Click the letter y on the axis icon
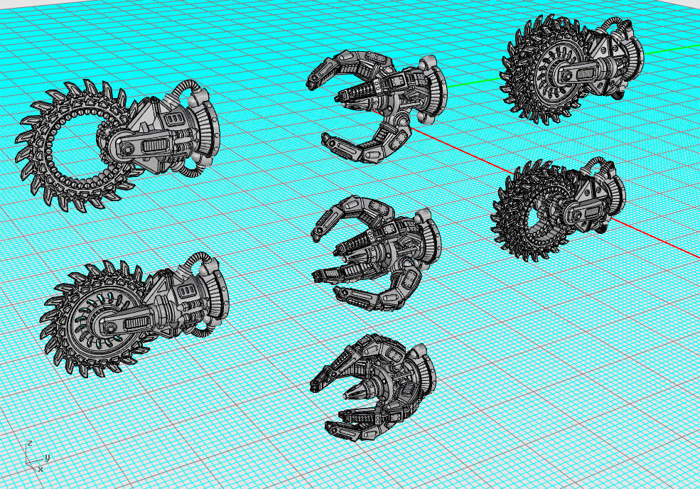[x=46, y=457]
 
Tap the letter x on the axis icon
[x=40, y=469]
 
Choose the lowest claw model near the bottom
[x=373, y=384]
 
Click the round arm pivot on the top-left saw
[x=126, y=149]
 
